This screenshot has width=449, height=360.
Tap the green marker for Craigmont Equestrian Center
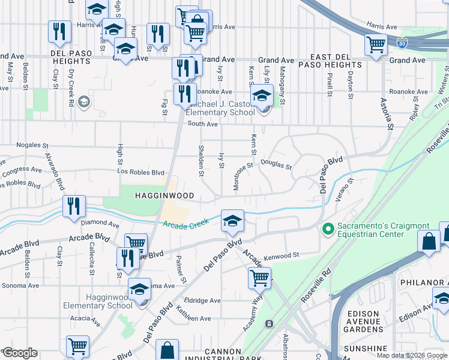click(x=328, y=229)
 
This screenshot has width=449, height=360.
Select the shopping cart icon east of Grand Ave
click(x=376, y=44)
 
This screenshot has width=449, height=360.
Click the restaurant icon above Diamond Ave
click(x=74, y=206)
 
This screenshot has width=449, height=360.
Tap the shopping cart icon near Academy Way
click(x=259, y=277)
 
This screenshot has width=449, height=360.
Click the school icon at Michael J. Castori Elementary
click(x=262, y=95)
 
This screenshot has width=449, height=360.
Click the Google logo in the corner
click(x=20, y=353)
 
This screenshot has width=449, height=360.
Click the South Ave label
click(x=202, y=124)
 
